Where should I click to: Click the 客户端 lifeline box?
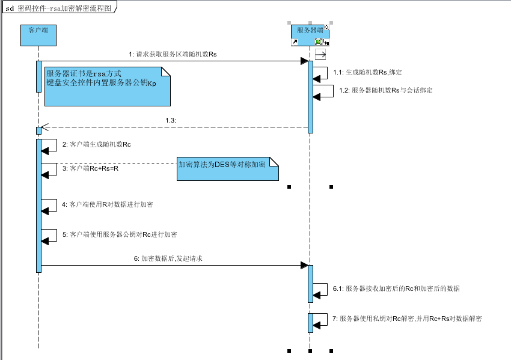(x=38, y=35)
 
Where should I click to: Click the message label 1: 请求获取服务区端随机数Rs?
(x=173, y=54)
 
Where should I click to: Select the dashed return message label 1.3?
(x=170, y=120)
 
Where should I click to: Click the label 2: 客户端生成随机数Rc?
(x=97, y=145)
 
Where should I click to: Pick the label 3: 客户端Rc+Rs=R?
(x=91, y=169)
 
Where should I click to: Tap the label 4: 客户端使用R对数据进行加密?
(x=108, y=204)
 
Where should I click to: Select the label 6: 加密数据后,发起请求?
(x=171, y=258)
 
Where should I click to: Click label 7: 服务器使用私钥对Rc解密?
(x=407, y=319)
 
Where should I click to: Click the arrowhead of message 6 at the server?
(x=304, y=265)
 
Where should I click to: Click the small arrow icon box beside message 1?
(x=320, y=54)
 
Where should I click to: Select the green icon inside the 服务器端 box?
(x=318, y=42)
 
